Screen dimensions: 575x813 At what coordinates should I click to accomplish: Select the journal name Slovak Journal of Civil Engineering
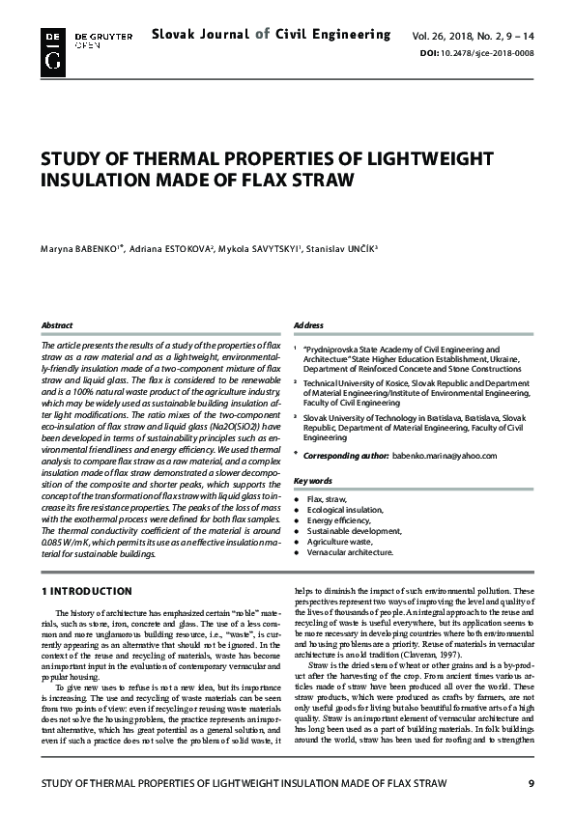click(271, 35)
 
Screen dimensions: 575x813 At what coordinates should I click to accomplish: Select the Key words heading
click(313, 480)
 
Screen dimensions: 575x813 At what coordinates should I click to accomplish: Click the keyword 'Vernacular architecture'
click(350, 552)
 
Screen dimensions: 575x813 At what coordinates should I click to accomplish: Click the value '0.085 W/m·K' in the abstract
click(69, 544)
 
